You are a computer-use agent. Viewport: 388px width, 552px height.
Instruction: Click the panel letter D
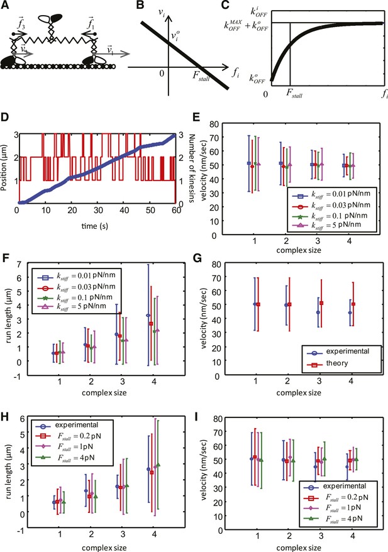coord(5,117)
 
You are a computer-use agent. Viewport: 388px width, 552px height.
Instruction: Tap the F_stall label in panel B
coord(201,75)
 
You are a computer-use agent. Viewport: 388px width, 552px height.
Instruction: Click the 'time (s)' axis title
coord(95,226)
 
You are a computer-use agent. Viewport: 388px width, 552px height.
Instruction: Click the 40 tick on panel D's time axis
coord(124,210)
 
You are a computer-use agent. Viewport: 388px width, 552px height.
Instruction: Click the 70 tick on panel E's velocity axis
coord(214,138)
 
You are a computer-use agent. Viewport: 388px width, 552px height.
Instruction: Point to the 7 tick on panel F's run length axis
coord(19,263)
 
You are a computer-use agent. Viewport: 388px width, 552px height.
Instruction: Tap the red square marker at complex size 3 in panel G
coord(321,303)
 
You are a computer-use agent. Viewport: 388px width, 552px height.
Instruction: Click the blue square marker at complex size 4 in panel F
coord(148,316)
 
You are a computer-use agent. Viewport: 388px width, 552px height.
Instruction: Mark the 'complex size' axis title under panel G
coord(299,392)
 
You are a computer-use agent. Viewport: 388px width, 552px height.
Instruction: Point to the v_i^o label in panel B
coord(175,35)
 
